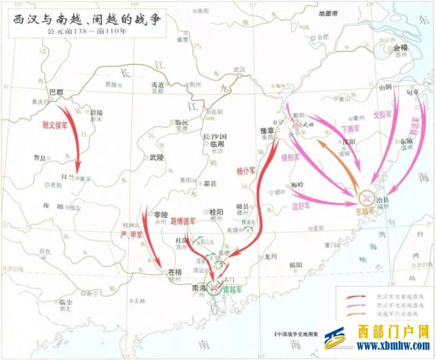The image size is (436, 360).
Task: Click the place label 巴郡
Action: [56, 91]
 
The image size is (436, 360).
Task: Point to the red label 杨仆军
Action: [242, 165]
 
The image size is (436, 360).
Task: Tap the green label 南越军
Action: [233, 290]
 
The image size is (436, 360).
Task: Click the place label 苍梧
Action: [176, 273]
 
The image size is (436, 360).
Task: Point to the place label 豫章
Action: [268, 130]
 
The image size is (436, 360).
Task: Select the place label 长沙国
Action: [214, 137]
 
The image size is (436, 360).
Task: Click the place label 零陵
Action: [160, 214]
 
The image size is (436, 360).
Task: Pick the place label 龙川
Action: [270, 256]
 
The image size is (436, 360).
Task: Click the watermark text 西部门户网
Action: [393, 332]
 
